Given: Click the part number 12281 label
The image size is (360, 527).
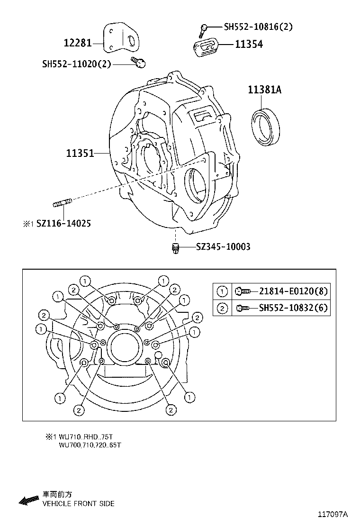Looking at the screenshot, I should pyautogui.click(x=78, y=44).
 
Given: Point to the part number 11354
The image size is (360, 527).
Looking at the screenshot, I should pyautogui.click(x=249, y=44).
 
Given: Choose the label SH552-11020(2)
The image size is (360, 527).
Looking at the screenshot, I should pyautogui.click(x=76, y=63).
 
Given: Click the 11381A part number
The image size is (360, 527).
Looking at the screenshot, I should pyautogui.click(x=264, y=90).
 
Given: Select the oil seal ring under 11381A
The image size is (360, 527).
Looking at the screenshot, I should pyautogui.click(x=265, y=126).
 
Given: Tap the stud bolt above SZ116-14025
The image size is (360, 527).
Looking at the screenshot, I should pyautogui.click(x=62, y=204).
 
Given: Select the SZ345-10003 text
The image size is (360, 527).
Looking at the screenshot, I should pyautogui.click(x=223, y=246).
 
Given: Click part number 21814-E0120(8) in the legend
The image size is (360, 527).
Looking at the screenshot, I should pyautogui.click(x=293, y=291).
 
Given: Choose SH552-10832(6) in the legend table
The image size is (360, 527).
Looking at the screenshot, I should pyautogui.click(x=293, y=308).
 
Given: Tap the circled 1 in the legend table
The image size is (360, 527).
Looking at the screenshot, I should pyautogui.click(x=222, y=291).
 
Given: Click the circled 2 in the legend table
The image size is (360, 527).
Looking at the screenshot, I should pyautogui.click(x=222, y=308).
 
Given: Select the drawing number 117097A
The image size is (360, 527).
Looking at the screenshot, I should pyautogui.click(x=333, y=514).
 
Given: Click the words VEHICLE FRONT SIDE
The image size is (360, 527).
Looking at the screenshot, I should pyautogui.click(x=78, y=504).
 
